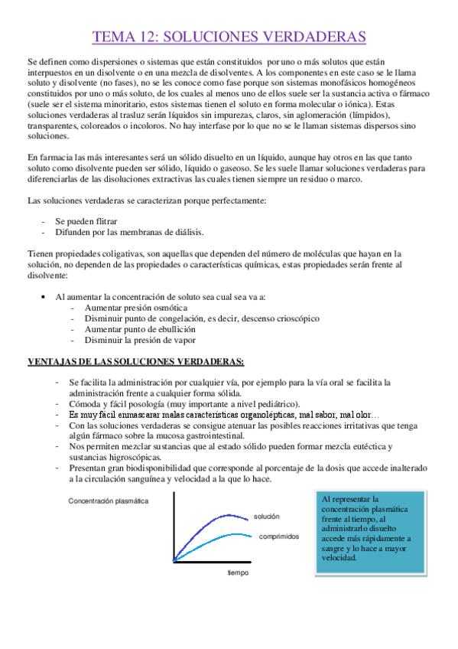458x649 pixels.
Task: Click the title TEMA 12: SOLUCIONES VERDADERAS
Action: point(229,37)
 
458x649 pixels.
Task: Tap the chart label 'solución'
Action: point(268,517)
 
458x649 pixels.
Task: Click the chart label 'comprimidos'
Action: point(278,537)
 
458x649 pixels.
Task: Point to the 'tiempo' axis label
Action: point(239,572)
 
